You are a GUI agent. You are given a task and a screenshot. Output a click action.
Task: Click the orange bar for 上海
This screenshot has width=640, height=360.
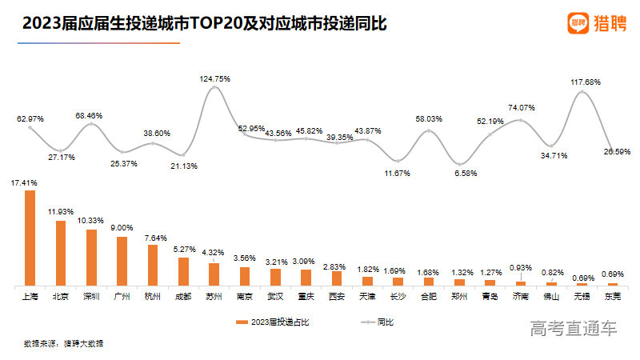point(30,238)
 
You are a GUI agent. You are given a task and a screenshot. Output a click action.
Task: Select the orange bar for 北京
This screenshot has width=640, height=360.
point(61,253)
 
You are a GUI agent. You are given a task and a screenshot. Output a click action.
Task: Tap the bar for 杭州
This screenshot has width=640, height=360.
point(153,265)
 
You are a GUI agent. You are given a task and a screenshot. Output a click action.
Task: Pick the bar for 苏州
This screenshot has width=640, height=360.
point(214,274)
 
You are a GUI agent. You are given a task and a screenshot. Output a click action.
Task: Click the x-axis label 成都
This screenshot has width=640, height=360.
point(183,296)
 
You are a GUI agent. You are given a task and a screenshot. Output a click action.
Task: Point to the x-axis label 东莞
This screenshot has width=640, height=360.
point(613,296)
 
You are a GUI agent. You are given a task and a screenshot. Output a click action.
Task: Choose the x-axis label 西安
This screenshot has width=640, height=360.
point(337,296)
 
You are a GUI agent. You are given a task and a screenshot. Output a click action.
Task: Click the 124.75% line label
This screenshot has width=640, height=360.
point(214,78)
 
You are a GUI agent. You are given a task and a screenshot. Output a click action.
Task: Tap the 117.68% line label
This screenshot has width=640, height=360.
point(586,82)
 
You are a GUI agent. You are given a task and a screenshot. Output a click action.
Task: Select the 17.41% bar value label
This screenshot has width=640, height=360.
point(24,182)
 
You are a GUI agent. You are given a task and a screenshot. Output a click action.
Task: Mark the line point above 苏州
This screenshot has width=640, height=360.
point(214,87)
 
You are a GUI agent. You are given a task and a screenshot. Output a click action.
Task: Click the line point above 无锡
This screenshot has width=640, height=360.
point(582,92)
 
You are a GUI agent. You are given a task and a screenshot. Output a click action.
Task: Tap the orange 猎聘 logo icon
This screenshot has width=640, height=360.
point(578,23)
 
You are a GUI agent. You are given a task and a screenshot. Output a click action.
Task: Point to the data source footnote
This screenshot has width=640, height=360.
point(64,343)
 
